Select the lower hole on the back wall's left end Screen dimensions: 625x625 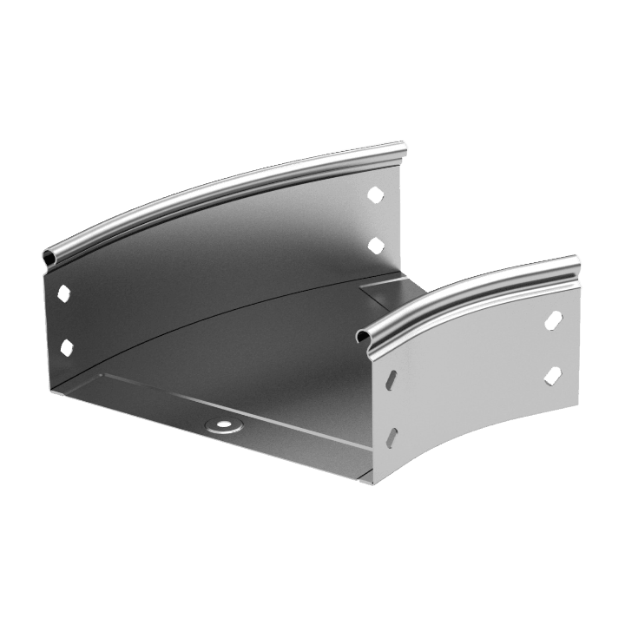coord(65,347)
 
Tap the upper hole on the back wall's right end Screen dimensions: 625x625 coord(375,194)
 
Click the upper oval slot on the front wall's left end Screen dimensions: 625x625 coord(394,379)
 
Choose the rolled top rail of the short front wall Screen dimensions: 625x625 coord(469,291)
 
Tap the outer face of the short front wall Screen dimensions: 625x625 coord(473,399)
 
